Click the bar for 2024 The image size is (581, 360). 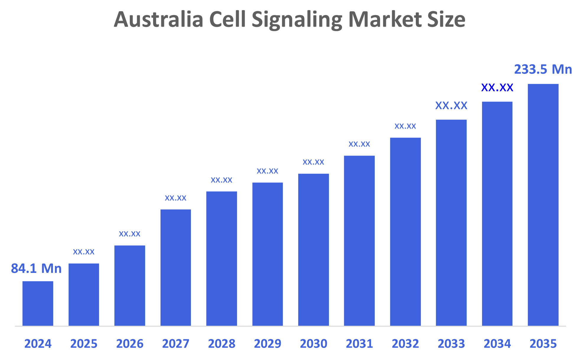point(38,303)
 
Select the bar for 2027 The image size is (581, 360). point(176,268)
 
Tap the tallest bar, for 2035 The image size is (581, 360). point(543,205)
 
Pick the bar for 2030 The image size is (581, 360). point(313,250)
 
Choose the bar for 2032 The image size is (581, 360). point(405,232)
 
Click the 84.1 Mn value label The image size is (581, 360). point(36,268)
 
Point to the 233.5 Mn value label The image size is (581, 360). point(543,69)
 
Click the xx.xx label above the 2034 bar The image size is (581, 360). point(497,87)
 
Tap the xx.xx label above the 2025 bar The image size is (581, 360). point(84,252)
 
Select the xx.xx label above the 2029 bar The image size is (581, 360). point(267,171)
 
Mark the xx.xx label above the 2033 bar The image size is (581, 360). point(451,105)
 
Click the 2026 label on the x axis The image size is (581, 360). point(130,344)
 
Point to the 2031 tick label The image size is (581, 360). point(359,344)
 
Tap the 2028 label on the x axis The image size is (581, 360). point(222,344)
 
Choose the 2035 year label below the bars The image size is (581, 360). point(543,344)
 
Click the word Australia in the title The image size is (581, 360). point(159,19)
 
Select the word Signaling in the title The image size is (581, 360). point(297,19)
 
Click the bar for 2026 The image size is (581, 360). point(130,286)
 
